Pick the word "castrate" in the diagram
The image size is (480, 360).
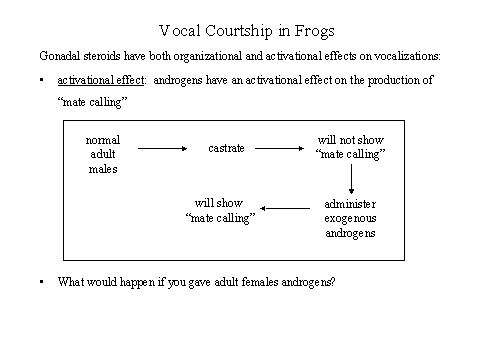[226, 148]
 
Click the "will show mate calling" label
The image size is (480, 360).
[221, 209]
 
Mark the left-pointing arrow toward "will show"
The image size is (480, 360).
[286, 209]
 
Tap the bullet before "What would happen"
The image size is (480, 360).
[41, 281]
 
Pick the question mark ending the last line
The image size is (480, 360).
[332, 281]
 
